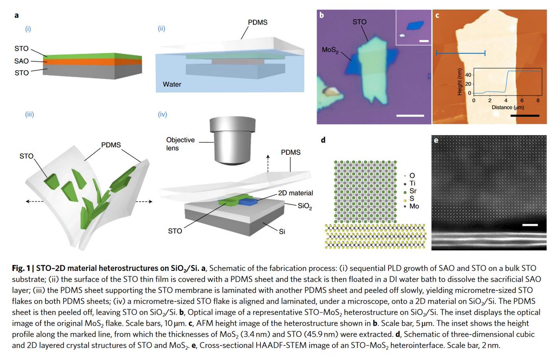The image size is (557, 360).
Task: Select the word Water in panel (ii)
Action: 172,85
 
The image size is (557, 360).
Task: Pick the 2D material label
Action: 295,192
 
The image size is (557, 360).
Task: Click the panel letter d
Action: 323,140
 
